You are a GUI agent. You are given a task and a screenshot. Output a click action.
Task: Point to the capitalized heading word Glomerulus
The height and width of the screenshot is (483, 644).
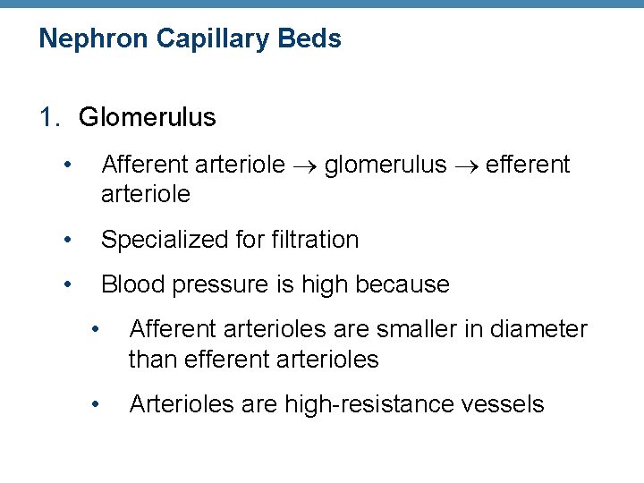pyautogui.click(x=148, y=117)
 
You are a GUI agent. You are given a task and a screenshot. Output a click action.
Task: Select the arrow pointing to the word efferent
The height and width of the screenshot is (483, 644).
pyautogui.click(x=467, y=165)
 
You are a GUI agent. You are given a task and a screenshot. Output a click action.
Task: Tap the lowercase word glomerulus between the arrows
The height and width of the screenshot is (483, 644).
pyautogui.click(x=386, y=165)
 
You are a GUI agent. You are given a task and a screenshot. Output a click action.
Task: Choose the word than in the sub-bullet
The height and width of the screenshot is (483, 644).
pyautogui.click(x=149, y=360)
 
